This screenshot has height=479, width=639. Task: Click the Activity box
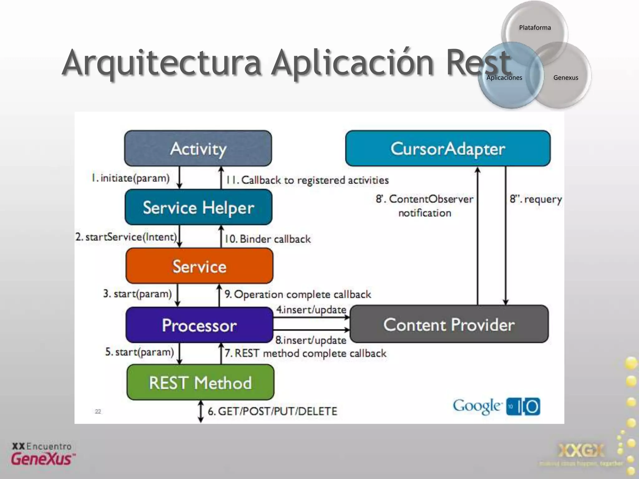coord(198,148)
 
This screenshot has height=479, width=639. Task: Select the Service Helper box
coord(198,207)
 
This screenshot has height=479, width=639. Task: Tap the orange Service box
coord(199,266)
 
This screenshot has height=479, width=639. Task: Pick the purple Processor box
coord(199,325)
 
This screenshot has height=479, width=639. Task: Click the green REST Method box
coord(200,383)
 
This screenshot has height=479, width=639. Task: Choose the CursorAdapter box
coord(448,148)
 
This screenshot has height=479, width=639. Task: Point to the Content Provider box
coord(449,325)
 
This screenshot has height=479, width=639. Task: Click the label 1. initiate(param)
coord(130,178)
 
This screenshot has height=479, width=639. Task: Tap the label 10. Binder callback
coord(268,239)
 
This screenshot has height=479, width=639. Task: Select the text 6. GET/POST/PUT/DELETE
coord(272,411)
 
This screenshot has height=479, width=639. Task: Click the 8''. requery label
coord(536,199)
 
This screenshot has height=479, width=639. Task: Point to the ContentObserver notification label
coord(425,206)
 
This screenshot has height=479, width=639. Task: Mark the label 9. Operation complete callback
coord(298,294)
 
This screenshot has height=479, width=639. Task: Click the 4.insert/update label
coord(311,309)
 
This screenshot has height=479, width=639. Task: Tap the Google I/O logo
coord(496,406)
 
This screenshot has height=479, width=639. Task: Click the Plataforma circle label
coord(535,27)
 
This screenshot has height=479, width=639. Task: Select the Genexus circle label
coord(565,78)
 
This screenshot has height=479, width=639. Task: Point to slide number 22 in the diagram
coord(98,412)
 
